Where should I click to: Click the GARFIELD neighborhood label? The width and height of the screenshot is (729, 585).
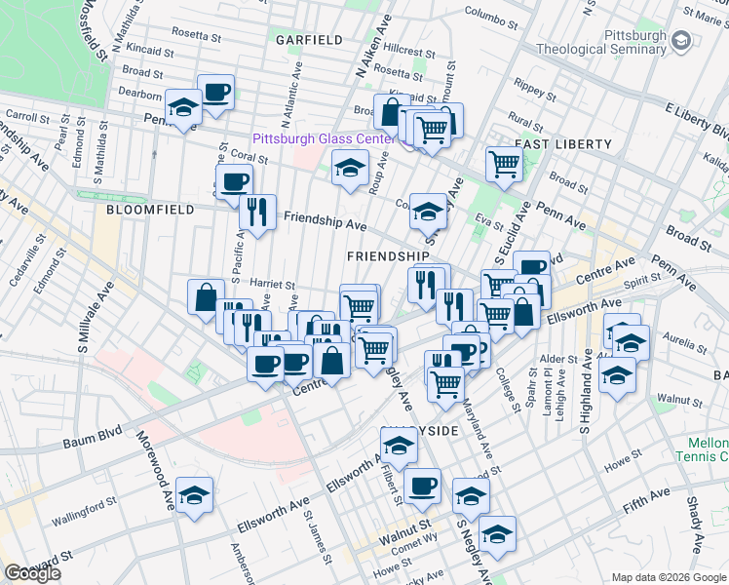(x=309, y=40)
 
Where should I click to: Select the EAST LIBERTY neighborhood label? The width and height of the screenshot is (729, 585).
(x=556, y=143)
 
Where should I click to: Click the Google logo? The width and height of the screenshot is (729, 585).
(x=32, y=573)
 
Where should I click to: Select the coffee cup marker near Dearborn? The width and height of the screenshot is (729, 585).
(x=216, y=94)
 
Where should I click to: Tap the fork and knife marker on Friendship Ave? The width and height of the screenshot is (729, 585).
(x=257, y=212)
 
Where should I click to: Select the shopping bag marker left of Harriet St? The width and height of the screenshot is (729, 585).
(x=207, y=296)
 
